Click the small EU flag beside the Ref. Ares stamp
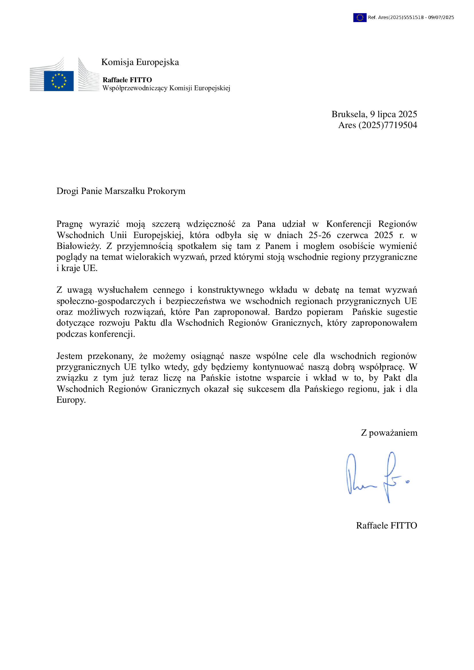pos(360,17)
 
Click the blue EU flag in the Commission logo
pos(59,81)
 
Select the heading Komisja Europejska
pos(140,62)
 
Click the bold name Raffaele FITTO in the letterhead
pos(127,80)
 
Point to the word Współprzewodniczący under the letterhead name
pos(135,88)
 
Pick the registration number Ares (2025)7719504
pos(378,125)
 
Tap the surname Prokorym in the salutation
pos(166,191)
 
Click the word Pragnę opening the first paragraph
pos(69,224)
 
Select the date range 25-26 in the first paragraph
pos(320,235)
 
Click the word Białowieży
pos(79,246)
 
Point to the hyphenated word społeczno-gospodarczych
pos(106,301)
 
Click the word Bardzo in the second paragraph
pos(288,312)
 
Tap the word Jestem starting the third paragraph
pos(69,356)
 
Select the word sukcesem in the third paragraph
pos(266,389)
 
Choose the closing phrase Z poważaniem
pos(389,433)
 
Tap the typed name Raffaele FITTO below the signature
pos(386,526)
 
